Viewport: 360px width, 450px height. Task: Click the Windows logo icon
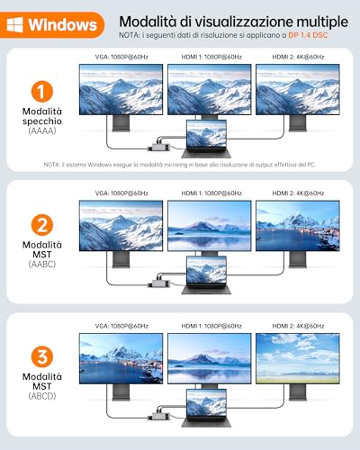pyautogui.click(x=15, y=24)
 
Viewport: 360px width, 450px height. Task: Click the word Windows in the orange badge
pyautogui.click(x=63, y=24)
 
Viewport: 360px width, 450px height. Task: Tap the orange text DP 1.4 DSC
pyautogui.click(x=308, y=35)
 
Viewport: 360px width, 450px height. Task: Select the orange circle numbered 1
pyautogui.click(x=42, y=92)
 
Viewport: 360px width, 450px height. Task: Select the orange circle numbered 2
pyautogui.click(x=42, y=225)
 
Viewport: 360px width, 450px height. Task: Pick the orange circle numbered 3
pyautogui.click(x=42, y=357)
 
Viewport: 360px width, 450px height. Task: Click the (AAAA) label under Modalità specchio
pyautogui.click(x=42, y=130)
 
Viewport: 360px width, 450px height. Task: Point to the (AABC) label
pyautogui.click(x=42, y=265)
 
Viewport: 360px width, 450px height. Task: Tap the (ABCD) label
pyautogui.click(x=42, y=396)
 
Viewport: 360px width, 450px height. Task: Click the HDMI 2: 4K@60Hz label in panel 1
pyautogui.click(x=298, y=57)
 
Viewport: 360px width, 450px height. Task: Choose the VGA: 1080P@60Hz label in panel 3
pyautogui.click(x=121, y=326)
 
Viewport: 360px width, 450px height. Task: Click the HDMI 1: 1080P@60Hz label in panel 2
pyautogui.click(x=211, y=193)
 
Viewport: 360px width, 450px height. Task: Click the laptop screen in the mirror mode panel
pyautogui.click(x=206, y=134)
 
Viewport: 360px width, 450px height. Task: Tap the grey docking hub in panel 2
pyautogui.click(x=159, y=283)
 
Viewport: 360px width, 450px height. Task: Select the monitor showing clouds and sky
pyautogui.click(x=298, y=358)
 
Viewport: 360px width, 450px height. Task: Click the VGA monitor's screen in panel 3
pyautogui.click(x=121, y=358)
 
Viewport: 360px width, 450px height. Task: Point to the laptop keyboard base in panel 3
pyautogui.click(x=206, y=421)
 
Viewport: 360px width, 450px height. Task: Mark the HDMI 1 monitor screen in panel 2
pyautogui.click(x=210, y=226)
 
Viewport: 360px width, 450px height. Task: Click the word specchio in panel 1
pyautogui.click(x=42, y=121)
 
